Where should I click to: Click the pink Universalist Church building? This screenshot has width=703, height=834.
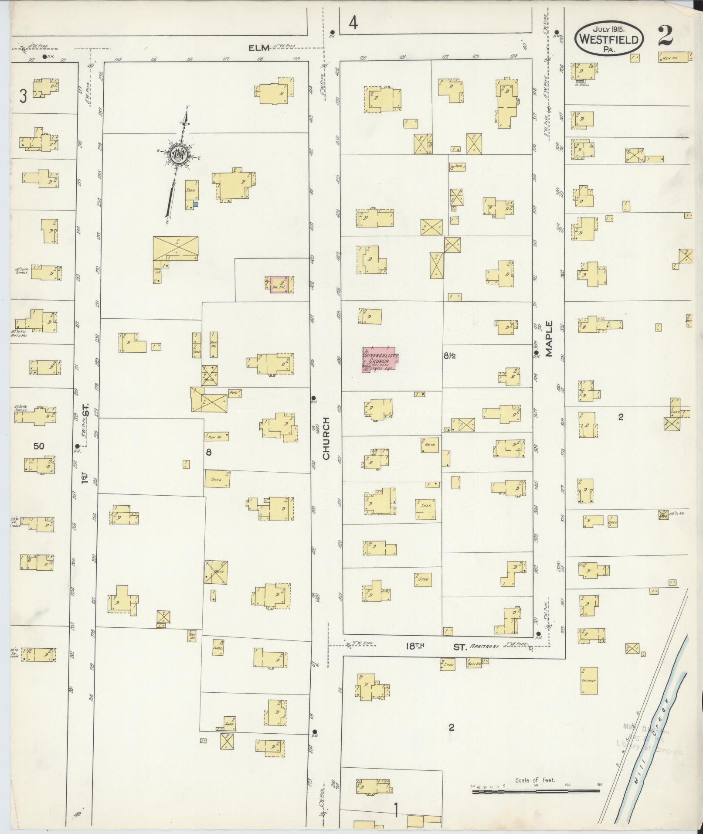(x=380, y=359)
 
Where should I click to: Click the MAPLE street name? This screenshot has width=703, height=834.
(x=548, y=339)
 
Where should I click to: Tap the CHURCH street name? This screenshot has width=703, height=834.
(x=326, y=438)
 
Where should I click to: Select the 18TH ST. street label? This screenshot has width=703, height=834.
(x=436, y=647)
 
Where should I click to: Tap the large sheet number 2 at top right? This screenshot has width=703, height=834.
(x=665, y=36)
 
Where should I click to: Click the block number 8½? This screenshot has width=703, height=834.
(x=450, y=356)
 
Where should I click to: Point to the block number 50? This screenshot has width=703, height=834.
(x=39, y=446)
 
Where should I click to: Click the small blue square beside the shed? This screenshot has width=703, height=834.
(x=196, y=204)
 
